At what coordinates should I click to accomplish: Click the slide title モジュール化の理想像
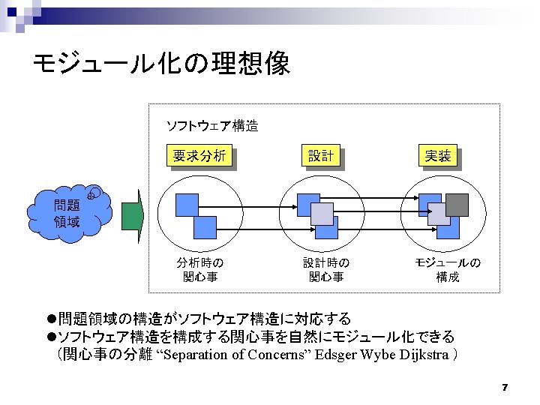pos(161,64)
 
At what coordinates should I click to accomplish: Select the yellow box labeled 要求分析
pos(199,156)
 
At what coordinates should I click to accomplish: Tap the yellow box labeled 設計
pos(320,156)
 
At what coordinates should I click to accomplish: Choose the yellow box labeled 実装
pos(438,156)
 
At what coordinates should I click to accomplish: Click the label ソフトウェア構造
pos(211,126)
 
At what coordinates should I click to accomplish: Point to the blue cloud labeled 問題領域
pos(67,213)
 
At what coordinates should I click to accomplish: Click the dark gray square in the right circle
pos(457,204)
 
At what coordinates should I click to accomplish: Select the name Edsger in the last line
pos(336,354)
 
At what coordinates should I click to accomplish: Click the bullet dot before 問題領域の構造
pos(52,319)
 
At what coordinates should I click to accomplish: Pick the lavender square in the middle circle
pos(322,214)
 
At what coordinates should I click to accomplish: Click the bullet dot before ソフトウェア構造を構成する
pos(52,337)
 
